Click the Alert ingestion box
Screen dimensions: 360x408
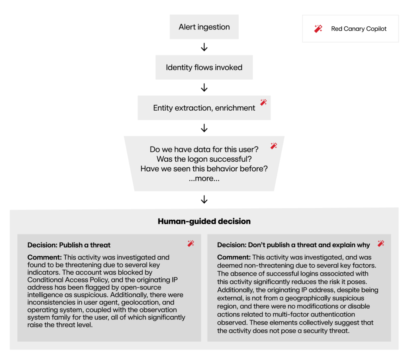pyautogui.click(x=204, y=27)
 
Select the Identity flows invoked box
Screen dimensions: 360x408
pyautogui.click(x=204, y=67)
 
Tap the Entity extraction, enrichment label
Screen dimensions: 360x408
pyautogui.click(x=204, y=108)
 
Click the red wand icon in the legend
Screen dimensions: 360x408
pyautogui.click(x=318, y=29)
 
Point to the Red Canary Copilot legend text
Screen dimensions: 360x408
pyautogui.click(x=359, y=29)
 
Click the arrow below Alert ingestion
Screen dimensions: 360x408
pyautogui.click(x=204, y=47)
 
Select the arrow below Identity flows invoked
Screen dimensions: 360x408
pyautogui.click(x=204, y=88)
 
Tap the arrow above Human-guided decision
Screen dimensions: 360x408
pyautogui.click(x=204, y=199)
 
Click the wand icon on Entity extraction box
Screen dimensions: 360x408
pyautogui.click(x=263, y=102)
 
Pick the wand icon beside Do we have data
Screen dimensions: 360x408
pyautogui.click(x=274, y=146)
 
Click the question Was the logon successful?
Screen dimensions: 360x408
pyautogui.click(x=204, y=159)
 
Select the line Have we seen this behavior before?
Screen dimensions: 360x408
pyautogui.click(x=204, y=168)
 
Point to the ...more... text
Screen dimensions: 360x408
pyautogui.click(x=204, y=178)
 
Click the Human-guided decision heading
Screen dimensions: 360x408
pyautogui.click(x=204, y=221)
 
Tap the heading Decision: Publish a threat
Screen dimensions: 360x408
pyautogui.click(x=69, y=245)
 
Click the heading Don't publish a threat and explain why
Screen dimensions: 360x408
pyautogui.click(x=293, y=245)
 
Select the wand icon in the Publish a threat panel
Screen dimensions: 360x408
pyautogui.click(x=191, y=243)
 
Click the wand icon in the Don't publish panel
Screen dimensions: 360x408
pyautogui.click(x=381, y=243)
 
